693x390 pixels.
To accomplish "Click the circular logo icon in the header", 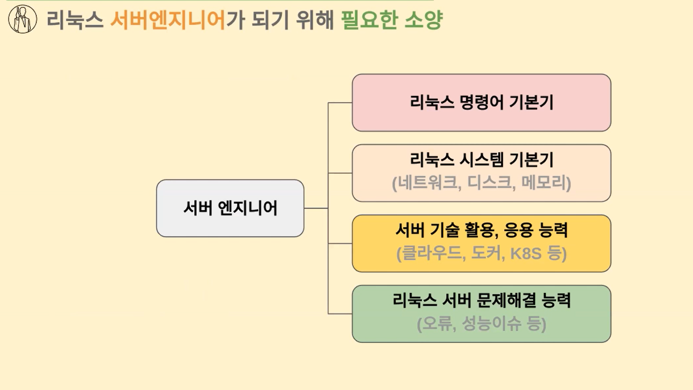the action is [x=23, y=19].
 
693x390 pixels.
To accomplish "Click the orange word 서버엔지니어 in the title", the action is [x=168, y=20].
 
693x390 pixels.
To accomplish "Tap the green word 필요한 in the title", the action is [x=368, y=20].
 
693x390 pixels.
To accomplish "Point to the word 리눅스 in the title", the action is [x=75, y=20].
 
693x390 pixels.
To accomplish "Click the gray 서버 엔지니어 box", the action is [x=230, y=208].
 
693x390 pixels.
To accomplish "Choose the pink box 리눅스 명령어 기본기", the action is [x=482, y=103].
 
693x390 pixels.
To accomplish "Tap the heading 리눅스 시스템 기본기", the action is [x=482, y=160].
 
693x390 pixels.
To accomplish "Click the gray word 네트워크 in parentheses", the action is [x=428, y=182].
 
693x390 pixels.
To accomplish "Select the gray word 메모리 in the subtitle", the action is [x=543, y=182].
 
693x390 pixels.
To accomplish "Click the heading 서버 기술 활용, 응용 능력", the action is [x=482, y=230].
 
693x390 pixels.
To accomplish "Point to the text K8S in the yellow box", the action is [x=526, y=253].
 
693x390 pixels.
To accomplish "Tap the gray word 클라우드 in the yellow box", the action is [x=432, y=253].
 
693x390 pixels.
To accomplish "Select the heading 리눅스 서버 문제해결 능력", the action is [x=482, y=300].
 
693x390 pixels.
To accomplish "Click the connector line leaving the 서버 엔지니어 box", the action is [x=316, y=208].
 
